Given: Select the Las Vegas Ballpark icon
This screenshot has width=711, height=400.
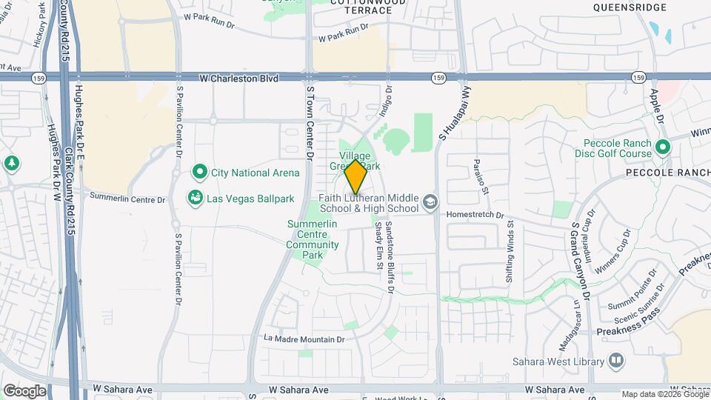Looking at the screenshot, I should pos(196,198).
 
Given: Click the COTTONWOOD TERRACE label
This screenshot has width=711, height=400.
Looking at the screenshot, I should pos(350,7).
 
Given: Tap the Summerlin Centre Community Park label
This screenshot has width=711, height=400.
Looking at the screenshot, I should pos(313,239).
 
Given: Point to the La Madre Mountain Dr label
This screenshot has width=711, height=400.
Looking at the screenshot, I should pos(304,339).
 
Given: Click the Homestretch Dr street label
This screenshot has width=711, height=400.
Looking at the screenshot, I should pos(475,215).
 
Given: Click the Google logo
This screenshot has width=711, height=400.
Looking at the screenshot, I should pos(24,390).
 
